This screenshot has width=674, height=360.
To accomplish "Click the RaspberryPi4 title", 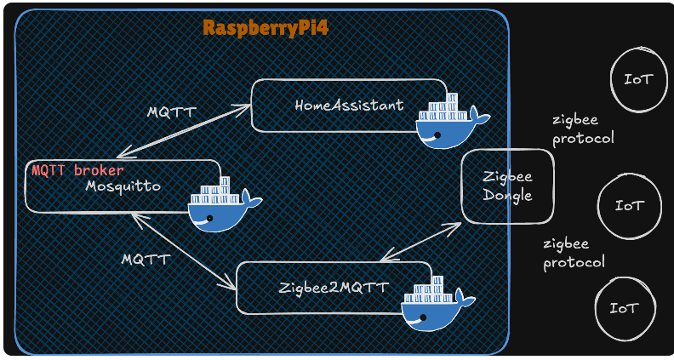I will pos(266,28).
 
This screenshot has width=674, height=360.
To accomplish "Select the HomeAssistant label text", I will pos(349,106).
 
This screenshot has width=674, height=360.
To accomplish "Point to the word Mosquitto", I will pos(123,185).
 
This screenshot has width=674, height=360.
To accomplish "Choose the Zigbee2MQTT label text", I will pos(334,288).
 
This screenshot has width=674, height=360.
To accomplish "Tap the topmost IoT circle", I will pos(638,80).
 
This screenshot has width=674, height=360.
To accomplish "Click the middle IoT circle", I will pos(629,206).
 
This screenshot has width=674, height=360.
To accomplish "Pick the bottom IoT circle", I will pos(625,308).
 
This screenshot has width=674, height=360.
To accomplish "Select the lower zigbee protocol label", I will pos(574,254).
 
